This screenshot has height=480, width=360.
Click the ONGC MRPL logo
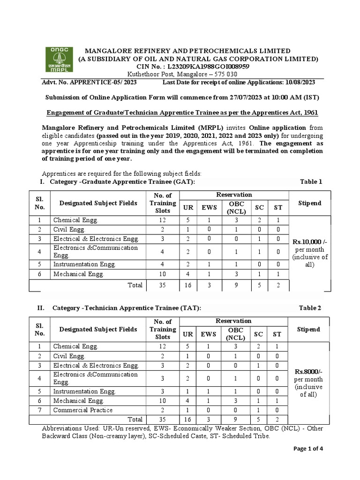59,60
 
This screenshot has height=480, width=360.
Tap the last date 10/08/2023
299,82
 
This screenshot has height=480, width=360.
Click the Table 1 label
311,182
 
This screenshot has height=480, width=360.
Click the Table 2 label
311,308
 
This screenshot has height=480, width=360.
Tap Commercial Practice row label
83,410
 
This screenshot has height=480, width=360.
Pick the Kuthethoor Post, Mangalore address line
182,75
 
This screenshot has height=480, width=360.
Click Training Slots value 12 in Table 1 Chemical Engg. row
162,220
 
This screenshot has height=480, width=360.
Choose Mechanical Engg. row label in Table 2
76,401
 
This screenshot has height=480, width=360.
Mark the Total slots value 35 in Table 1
162,285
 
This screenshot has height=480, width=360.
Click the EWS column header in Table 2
209,334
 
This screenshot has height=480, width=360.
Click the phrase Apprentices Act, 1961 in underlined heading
283,112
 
